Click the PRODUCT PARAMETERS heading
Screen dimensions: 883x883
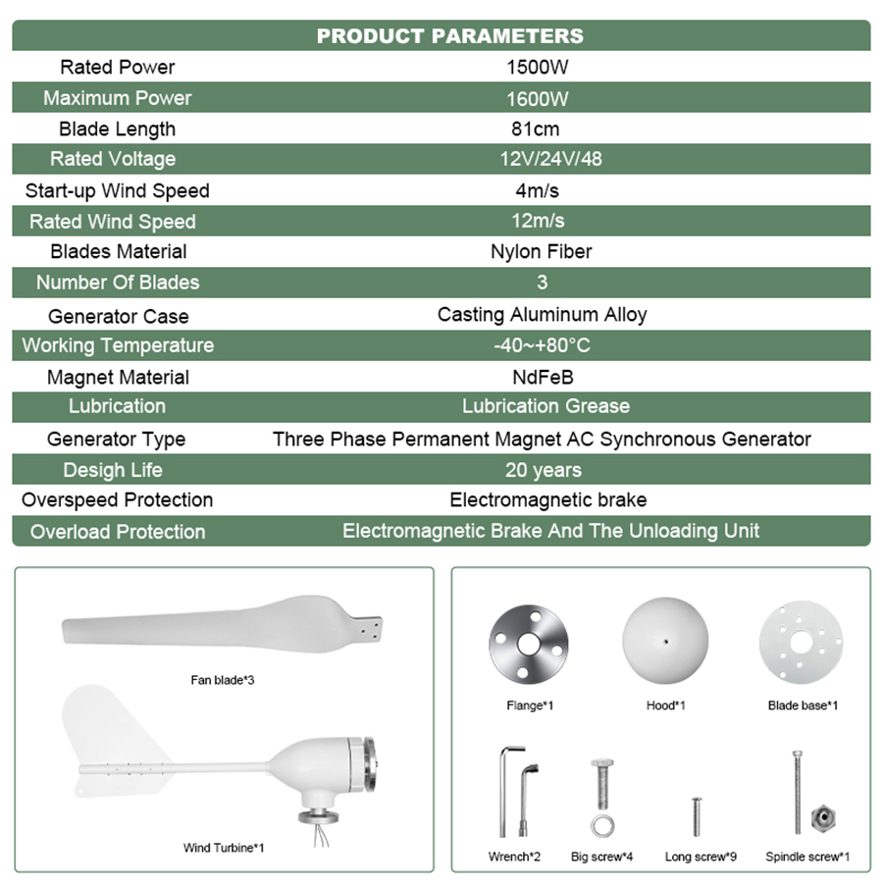pyautogui.click(x=449, y=36)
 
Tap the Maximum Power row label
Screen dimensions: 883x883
pyautogui.click(x=117, y=98)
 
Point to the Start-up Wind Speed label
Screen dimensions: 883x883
pyautogui.click(x=117, y=190)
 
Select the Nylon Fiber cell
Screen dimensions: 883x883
pyautogui.click(x=541, y=251)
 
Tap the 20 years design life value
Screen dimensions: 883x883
pyautogui.click(x=543, y=470)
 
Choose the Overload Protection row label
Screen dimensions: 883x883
pyautogui.click(x=117, y=532)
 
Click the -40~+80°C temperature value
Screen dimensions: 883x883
pyautogui.click(x=542, y=345)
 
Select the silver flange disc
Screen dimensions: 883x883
pyautogui.click(x=530, y=645)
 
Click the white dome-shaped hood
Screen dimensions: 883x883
pyautogui.click(x=666, y=643)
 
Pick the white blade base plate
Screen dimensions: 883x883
pyautogui.click(x=802, y=644)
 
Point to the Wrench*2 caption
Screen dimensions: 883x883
pyautogui.click(x=514, y=857)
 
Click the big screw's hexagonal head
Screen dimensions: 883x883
pyautogui.click(x=602, y=767)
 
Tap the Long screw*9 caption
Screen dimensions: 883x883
pyautogui.click(x=701, y=857)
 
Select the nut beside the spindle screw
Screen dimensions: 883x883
pyautogui.click(x=822, y=816)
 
